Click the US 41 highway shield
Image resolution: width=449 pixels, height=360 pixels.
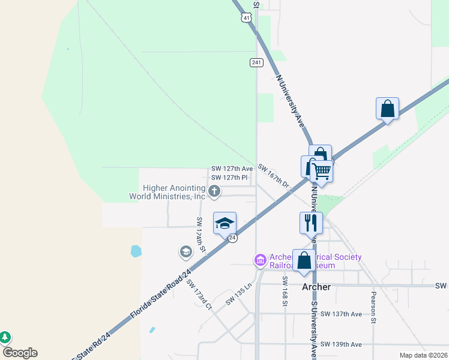point(246,17)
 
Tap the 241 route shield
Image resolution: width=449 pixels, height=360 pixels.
point(256,62)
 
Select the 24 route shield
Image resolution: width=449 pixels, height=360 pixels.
point(233,238)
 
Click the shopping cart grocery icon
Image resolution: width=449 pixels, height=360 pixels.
point(322,170)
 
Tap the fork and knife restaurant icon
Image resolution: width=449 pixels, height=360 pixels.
point(311,223)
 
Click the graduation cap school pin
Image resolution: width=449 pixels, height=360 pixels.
point(225,223)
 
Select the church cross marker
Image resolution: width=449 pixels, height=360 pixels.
point(214,191)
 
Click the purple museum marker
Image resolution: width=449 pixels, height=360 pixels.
point(260,260)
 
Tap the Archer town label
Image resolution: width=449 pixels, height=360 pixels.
point(316,287)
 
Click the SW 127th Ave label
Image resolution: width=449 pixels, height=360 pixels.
point(232,169)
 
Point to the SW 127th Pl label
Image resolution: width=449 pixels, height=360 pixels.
point(229,178)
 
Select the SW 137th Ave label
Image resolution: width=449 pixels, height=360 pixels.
point(341,314)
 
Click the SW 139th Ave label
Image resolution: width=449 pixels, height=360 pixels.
point(341,344)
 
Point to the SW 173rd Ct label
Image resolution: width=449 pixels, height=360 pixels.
point(199,295)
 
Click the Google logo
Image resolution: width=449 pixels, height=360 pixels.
point(20,353)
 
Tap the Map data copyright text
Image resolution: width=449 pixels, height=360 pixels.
point(423,355)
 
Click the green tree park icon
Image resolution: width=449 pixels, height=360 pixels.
point(5,337)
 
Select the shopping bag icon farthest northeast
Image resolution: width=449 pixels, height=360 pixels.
point(387,109)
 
